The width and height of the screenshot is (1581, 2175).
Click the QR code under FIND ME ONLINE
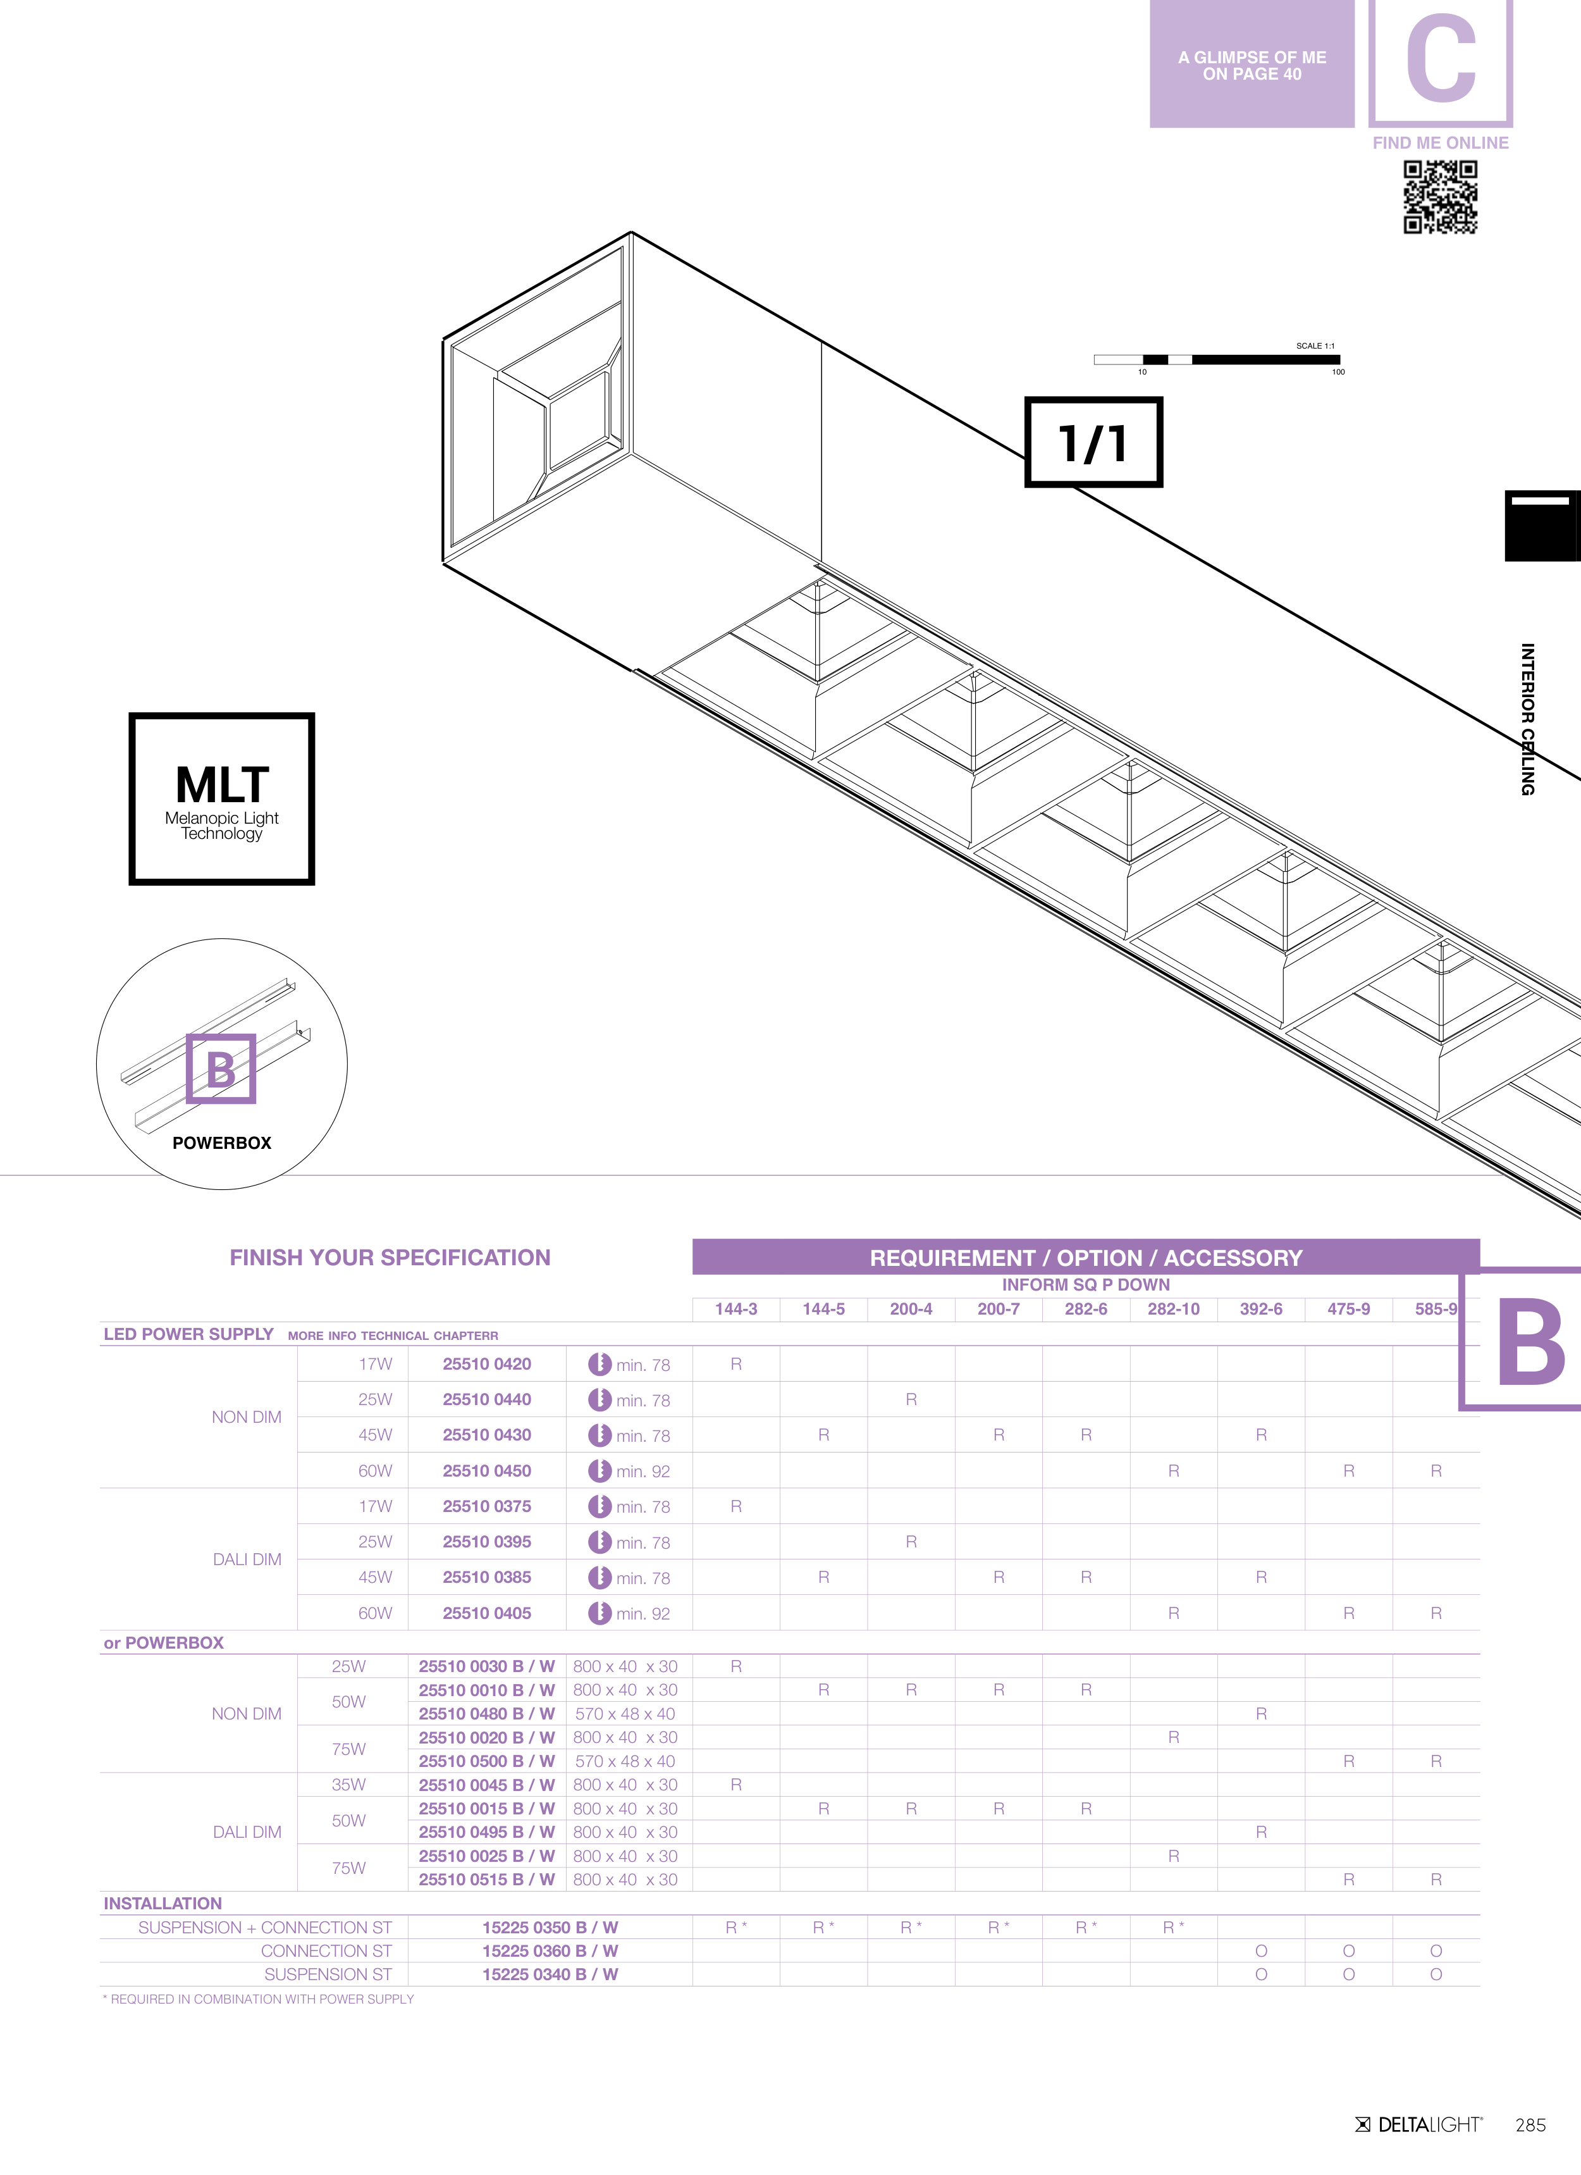pyautogui.click(x=1440, y=197)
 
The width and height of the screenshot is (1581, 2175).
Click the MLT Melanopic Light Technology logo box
pyautogui.click(x=221, y=798)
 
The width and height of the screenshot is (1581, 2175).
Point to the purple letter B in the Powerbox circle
pyautogui.click(x=221, y=1069)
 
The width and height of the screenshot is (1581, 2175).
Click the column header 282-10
pyautogui.click(x=1174, y=1309)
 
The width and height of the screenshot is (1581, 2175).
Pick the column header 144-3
pyautogui.click(x=736, y=1309)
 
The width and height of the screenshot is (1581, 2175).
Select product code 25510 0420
pyautogui.click(x=487, y=1364)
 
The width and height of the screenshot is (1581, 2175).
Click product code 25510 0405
pyautogui.click(x=487, y=1613)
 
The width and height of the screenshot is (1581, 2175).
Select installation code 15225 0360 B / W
pyautogui.click(x=550, y=1950)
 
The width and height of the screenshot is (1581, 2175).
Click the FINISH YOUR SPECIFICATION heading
pyautogui.click(x=390, y=1257)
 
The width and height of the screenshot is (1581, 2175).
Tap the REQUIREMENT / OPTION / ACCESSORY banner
pyautogui.click(x=1086, y=1257)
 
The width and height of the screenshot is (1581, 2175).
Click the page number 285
pyautogui.click(x=1530, y=2125)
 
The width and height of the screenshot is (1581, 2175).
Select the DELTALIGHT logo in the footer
pyautogui.click(x=1419, y=2124)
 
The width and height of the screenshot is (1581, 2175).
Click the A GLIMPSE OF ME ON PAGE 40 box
pyautogui.click(x=1252, y=65)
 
